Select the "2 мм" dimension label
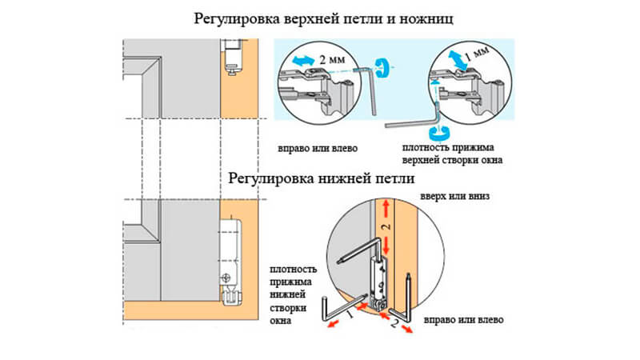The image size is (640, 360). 334,58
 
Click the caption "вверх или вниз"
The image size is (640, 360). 454,196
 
